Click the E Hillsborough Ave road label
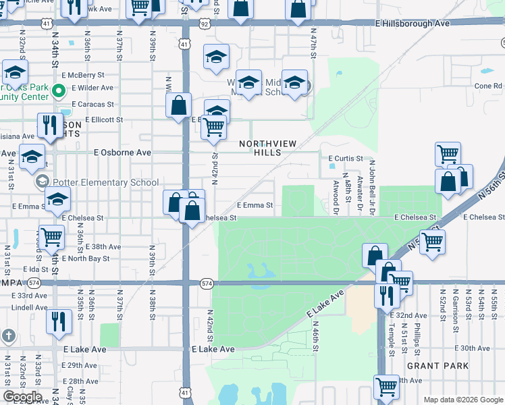pyautogui.click(x=412, y=23)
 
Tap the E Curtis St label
pyautogui.click(x=346, y=159)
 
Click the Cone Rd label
pyautogui.click(x=488, y=86)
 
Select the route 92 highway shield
pyautogui.click(x=204, y=23)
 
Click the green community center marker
pyautogui.click(x=59, y=90)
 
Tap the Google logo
pyautogui.click(x=23, y=397)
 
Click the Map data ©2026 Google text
pyautogui.click(x=462, y=400)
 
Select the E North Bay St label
pyautogui.click(x=85, y=259)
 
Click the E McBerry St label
pyautogui.click(x=82, y=76)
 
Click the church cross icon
pyautogui.click(x=8, y=335)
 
